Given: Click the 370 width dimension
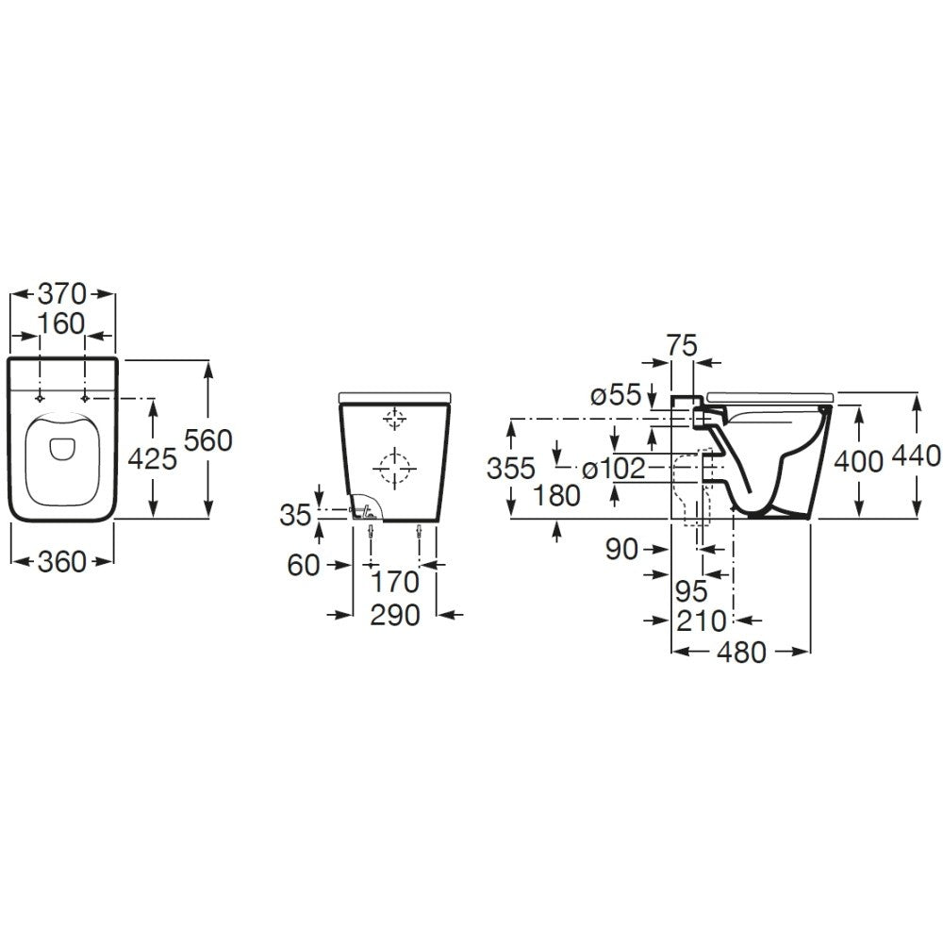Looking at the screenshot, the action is (x=62, y=294).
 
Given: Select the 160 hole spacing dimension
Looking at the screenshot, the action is (x=61, y=324).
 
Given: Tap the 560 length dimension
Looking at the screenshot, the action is (x=208, y=440).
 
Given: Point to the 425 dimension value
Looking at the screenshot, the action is (x=154, y=459).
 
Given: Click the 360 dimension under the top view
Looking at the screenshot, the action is (x=62, y=562).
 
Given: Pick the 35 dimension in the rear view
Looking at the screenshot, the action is (x=296, y=516).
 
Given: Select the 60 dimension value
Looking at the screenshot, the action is (x=304, y=565).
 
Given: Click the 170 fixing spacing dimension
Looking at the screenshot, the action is (x=395, y=582).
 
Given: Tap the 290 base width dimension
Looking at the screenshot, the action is (x=395, y=615).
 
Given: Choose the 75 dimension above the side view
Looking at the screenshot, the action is (x=682, y=346).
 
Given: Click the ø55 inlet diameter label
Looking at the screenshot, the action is (x=616, y=395).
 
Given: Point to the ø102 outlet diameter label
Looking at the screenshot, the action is (x=614, y=469).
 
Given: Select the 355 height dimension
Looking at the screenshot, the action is (x=511, y=469).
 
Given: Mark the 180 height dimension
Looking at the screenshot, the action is (x=557, y=496).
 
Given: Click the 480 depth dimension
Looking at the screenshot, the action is (x=742, y=652).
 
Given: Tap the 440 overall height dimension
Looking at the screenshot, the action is (x=916, y=455).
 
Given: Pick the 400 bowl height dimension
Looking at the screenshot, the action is (x=859, y=461).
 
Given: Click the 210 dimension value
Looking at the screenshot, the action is (x=702, y=620).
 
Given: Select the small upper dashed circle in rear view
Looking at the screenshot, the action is (x=394, y=418).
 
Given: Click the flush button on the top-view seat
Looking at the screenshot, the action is (x=60, y=447).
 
